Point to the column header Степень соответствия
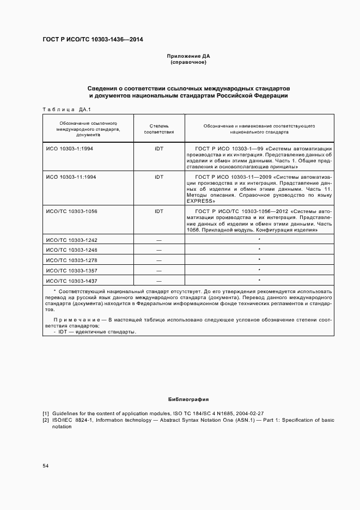158,129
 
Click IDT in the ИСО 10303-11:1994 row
158,177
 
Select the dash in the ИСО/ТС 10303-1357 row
158,270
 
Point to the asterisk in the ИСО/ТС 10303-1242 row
259,239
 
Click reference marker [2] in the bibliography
46,420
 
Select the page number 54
46,465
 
